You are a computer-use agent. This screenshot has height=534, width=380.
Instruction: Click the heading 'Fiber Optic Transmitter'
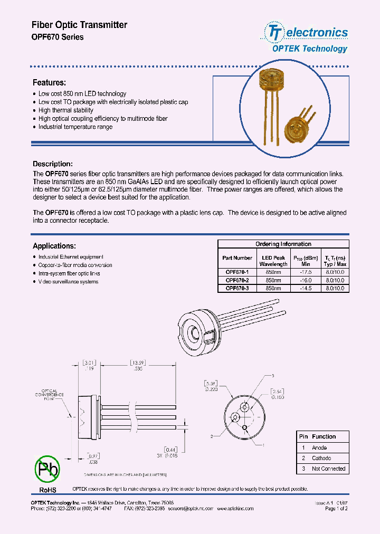(x=80, y=25)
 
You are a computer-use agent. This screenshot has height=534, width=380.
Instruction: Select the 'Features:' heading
(x=49, y=83)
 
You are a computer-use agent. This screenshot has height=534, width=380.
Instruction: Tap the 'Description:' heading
(x=53, y=164)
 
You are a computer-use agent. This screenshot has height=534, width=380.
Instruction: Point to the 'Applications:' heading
(x=54, y=246)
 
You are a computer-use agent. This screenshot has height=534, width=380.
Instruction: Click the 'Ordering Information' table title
(x=283, y=244)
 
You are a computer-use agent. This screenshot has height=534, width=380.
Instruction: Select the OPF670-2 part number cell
(x=237, y=280)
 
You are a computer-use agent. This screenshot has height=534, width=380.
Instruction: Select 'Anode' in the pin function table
(x=319, y=447)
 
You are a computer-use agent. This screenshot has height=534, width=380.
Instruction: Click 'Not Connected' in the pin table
(x=328, y=469)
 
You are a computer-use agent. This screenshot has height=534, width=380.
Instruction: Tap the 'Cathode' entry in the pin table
(x=321, y=458)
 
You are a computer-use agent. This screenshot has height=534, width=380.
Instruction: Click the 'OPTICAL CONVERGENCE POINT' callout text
(x=50, y=394)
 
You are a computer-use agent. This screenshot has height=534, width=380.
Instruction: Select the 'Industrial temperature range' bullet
(x=75, y=127)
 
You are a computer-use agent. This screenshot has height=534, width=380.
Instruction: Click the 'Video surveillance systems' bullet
(x=68, y=282)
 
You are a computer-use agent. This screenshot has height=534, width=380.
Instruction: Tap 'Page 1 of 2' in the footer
(x=336, y=509)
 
